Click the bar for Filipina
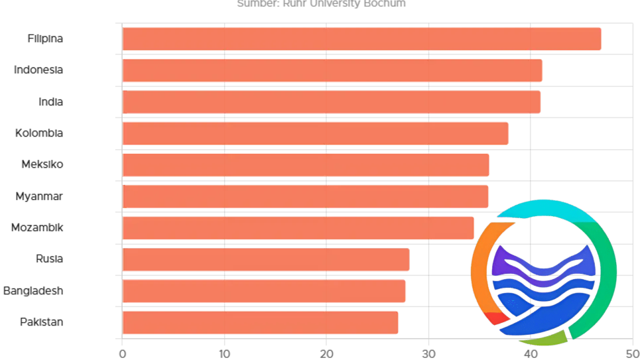361,39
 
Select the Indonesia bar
332,70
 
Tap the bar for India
331,102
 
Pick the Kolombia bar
315,133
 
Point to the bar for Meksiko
305,165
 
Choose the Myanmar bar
305,196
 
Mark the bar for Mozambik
298,228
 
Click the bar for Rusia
265,259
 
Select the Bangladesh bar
263,291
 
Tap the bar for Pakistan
260,322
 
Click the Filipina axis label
45,38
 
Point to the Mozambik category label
37,227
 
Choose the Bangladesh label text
33,290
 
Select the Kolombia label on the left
39,133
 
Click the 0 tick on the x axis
123,353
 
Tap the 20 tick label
326,353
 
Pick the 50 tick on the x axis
632,353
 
